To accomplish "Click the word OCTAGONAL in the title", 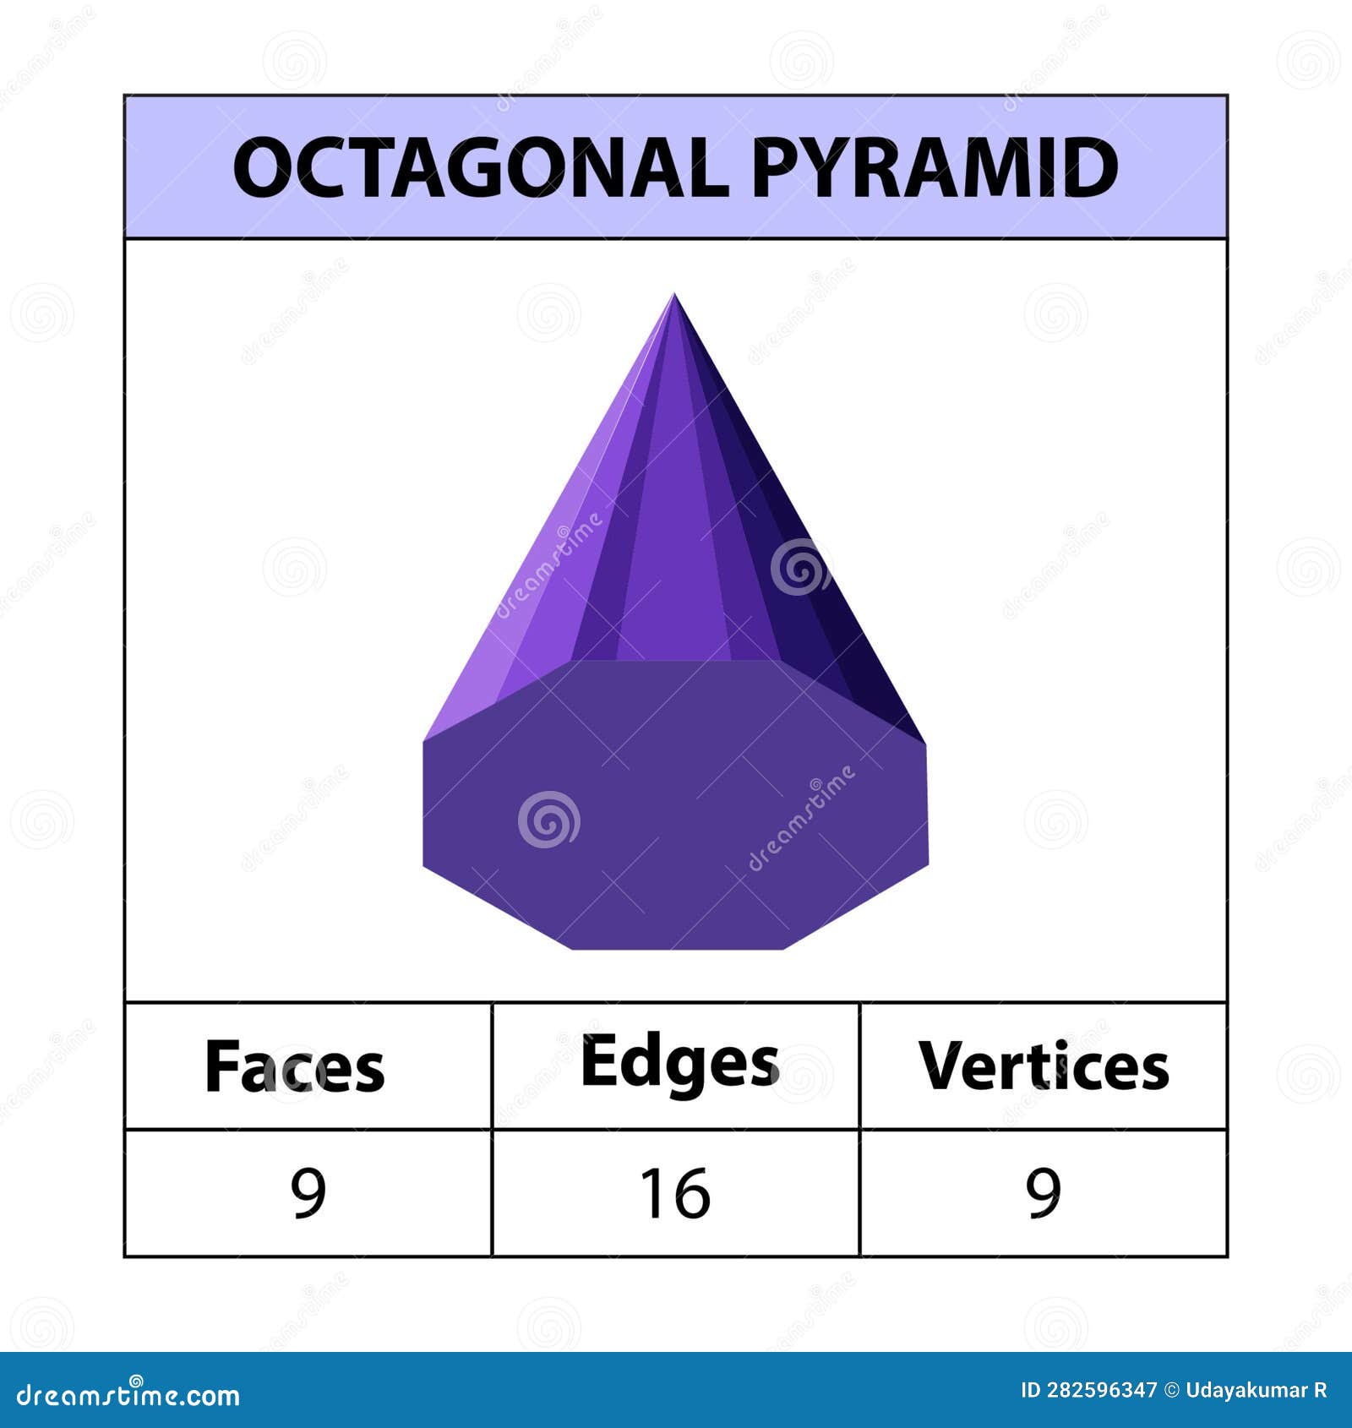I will (x=480, y=167).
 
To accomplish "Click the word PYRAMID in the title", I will (x=934, y=167).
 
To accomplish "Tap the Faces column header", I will (x=294, y=1066).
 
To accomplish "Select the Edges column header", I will (x=679, y=1063).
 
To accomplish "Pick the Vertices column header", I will (x=1044, y=1066).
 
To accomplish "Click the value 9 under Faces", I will (x=308, y=1193).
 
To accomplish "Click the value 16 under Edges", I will (x=674, y=1193).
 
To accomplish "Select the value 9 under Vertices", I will (x=1044, y=1193).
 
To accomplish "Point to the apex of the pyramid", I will (x=673, y=295).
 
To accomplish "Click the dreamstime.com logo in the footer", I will (x=128, y=1395).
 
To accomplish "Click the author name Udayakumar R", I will (x=1256, y=1391).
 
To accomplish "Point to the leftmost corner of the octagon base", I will (x=423, y=742).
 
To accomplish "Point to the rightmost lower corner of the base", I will (x=928, y=864).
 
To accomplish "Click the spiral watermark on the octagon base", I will (x=548, y=820).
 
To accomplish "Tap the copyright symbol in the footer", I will (x=1171, y=1391).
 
